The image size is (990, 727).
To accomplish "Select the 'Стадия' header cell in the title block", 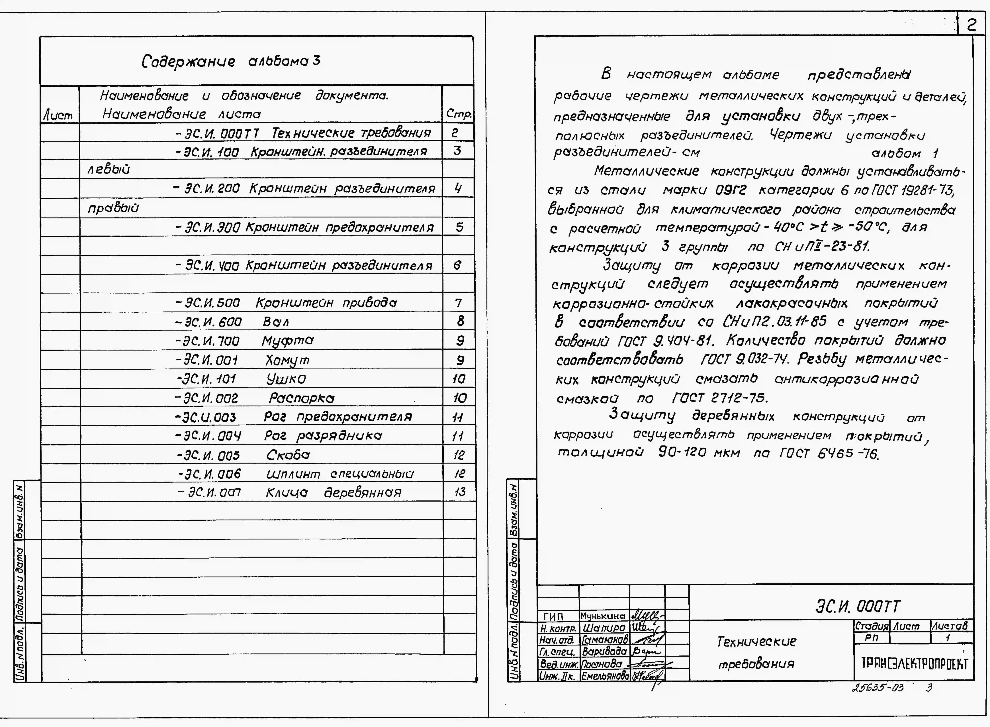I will point(871,625).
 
